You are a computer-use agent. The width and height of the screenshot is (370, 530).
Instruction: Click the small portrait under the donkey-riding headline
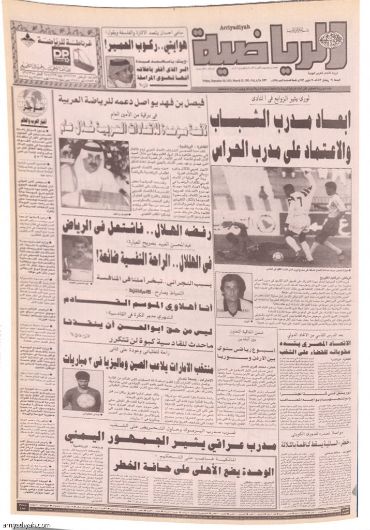(x=121, y=72)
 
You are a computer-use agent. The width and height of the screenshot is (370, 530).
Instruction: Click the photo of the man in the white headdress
(x=93, y=173)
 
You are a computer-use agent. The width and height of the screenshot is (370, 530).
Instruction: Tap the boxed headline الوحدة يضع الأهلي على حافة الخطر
(x=212, y=469)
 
